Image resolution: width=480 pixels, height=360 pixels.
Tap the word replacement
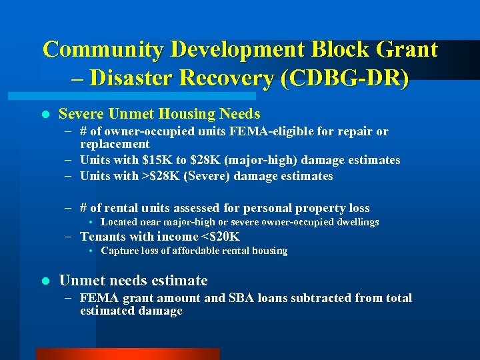(x=115, y=144)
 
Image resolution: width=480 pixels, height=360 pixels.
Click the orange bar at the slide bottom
(x=127, y=354)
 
